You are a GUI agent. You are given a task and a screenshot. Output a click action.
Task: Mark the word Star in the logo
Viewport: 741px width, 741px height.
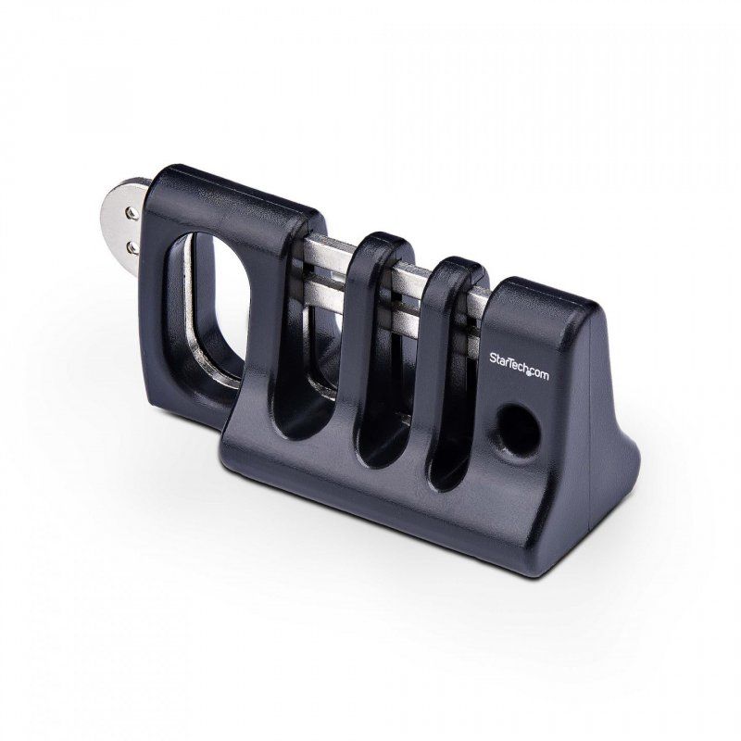[x=500, y=355]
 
